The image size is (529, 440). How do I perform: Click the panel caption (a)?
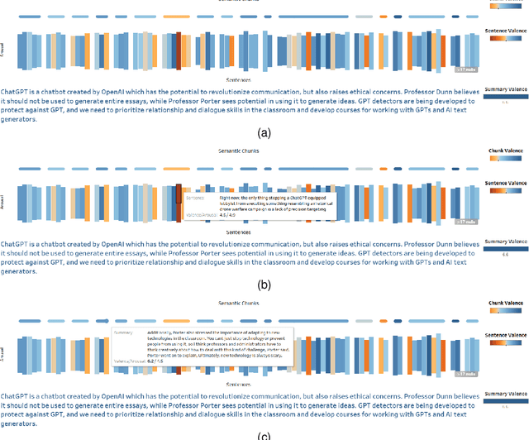264,133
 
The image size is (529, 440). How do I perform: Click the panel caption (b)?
264,285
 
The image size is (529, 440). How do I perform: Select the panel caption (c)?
264,436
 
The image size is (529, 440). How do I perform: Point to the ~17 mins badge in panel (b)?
465,222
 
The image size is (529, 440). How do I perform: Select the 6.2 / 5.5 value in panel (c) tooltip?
155,361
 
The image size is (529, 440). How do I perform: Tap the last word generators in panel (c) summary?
19,422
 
